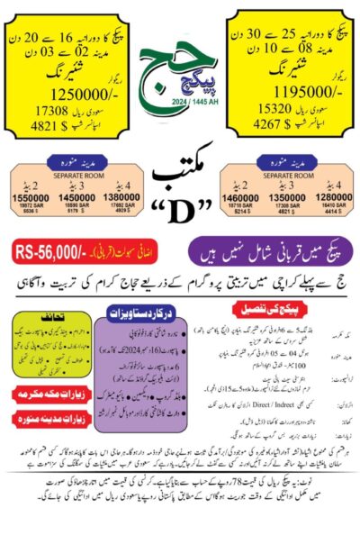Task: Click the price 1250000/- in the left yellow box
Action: (x=55, y=93)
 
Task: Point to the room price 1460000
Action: (x=247, y=195)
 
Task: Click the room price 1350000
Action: (x=289, y=195)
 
